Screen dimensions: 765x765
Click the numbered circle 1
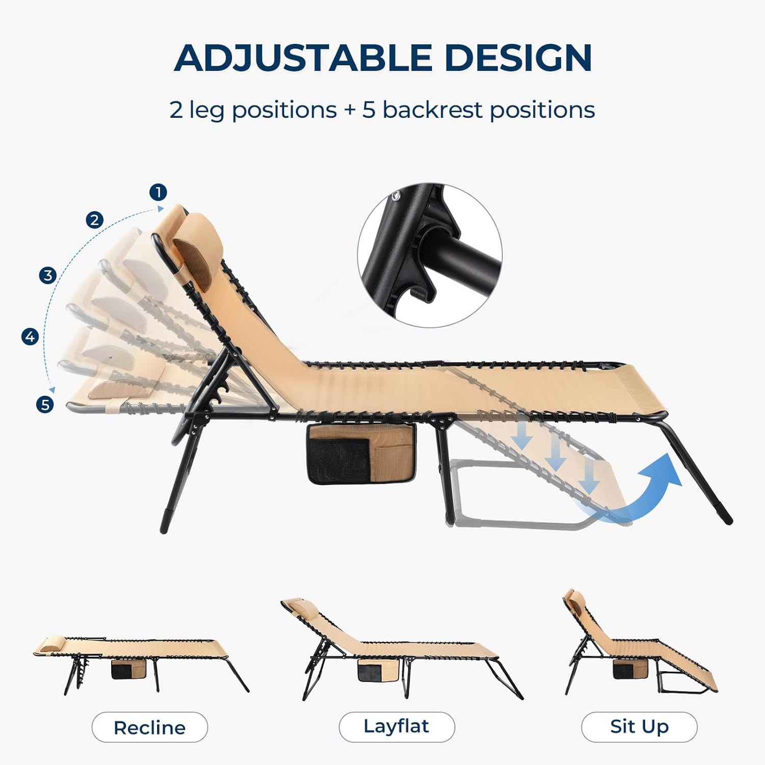[x=159, y=192]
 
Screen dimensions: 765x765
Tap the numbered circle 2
[x=94, y=220]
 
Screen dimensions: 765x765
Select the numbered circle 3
[x=48, y=275]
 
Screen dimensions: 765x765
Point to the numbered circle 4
[x=31, y=337]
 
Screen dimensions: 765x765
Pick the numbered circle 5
[x=45, y=404]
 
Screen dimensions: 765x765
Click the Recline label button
[x=150, y=727]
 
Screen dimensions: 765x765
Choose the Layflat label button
[x=397, y=727]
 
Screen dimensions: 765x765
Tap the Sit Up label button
[x=639, y=727]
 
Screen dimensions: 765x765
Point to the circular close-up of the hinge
[x=430, y=255]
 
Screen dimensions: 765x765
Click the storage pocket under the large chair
[x=361, y=454]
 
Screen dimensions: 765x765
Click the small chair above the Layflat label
[x=402, y=650]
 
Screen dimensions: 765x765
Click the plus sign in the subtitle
[x=350, y=111]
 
